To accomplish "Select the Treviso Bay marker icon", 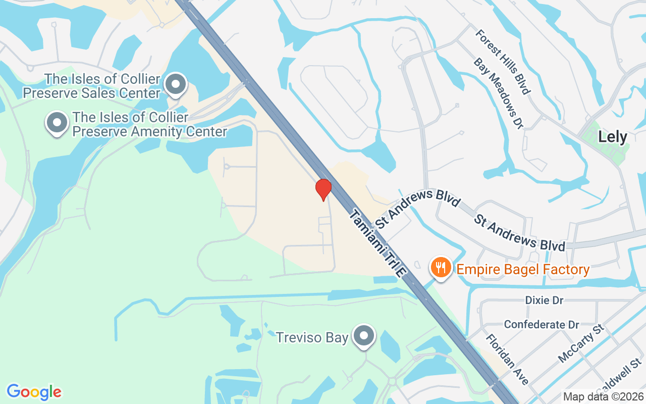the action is coord(364,336).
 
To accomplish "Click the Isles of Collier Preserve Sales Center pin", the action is coord(176,84).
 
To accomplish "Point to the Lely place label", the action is coord(612,137).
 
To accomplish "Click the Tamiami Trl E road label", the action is coord(378,243).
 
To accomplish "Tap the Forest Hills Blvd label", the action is coord(503,62).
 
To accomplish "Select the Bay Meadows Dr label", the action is coord(496,92).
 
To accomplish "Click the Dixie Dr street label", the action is coord(544,300).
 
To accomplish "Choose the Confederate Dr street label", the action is coord(542,324).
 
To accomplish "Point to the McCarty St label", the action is coord(581,344).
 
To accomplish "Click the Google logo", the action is coord(34,391).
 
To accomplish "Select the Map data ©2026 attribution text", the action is coord(603,396).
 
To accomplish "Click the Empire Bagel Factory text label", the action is coord(523,269).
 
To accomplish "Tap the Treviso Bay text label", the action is coord(312,337).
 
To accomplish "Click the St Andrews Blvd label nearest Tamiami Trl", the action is coord(418,208).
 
